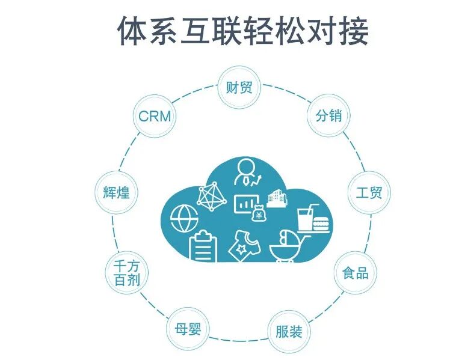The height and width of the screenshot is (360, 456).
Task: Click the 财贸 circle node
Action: click(238, 88)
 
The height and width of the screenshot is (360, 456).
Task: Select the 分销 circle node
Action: click(328, 115)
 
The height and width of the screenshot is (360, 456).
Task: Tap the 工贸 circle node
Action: click(369, 193)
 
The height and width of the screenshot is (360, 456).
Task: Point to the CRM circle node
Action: click(154, 115)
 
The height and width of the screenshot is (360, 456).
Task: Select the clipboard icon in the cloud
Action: click(203, 246)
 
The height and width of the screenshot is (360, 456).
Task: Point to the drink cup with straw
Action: click(306, 216)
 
